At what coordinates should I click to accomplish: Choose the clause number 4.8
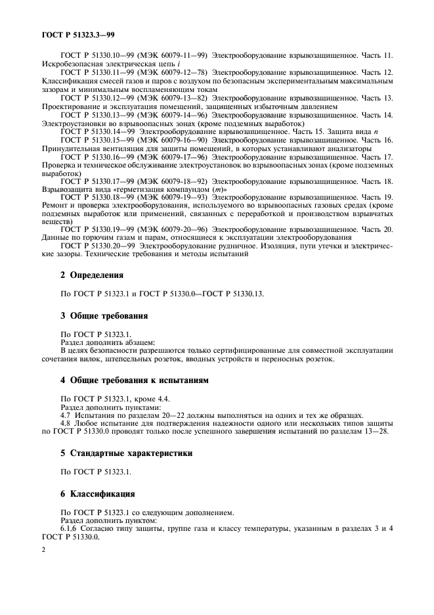click(x=66, y=423)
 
